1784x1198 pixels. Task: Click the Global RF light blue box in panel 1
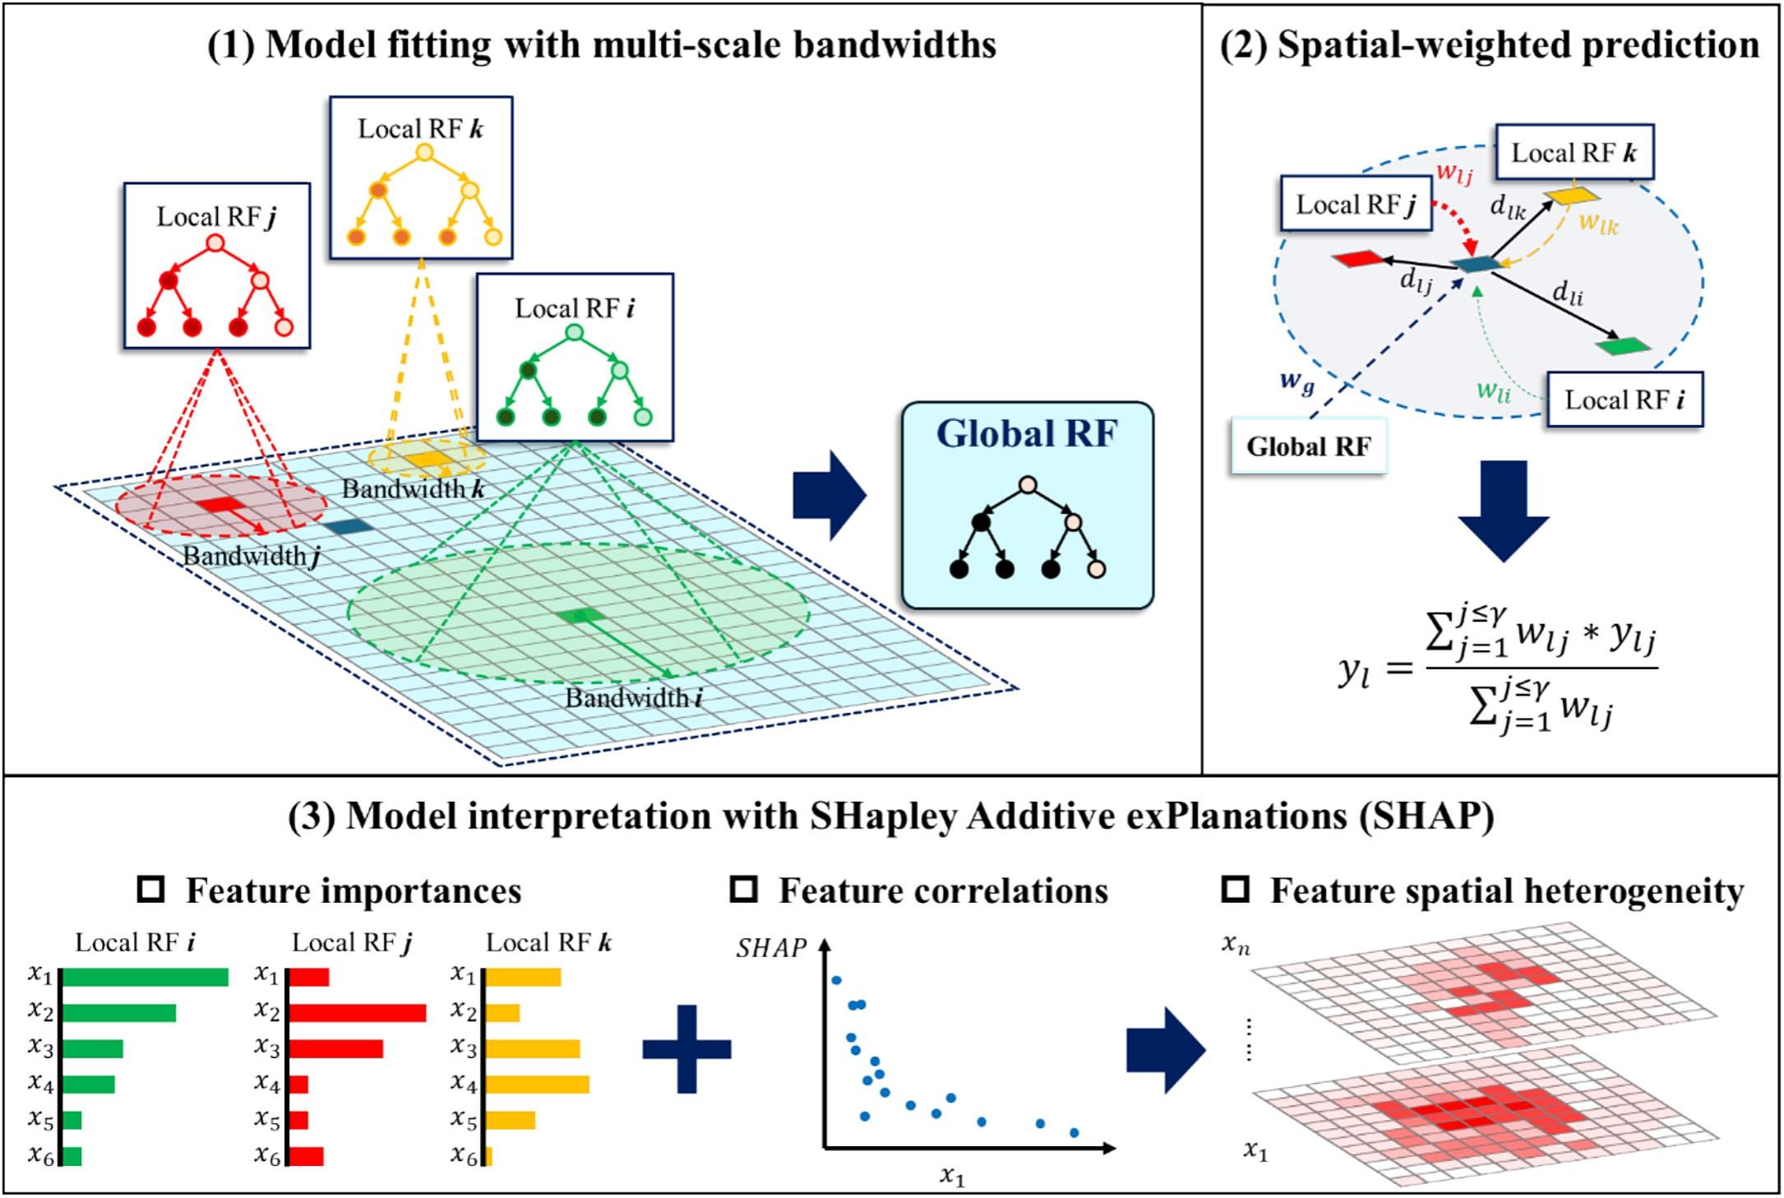pyautogui.click(x=1027, y=506)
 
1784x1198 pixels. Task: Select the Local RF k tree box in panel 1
pyautogui.click(x=421, y=178)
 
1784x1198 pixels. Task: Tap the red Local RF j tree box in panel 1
pyautogui.click(x=216, y=265)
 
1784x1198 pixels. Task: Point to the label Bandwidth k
pyautogui.click(x=413, y=489)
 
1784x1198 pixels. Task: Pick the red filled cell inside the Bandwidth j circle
pyautogui.click(x=215, y=505)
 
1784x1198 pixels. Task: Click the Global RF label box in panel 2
pyautogui.click(x=1308, y=446)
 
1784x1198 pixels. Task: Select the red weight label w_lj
pyautogui.click(x=1454, y=173)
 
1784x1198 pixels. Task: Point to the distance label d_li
pyautogui.click(x=1567, y=293)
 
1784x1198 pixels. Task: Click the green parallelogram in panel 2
pyautogui.click(x=1624, y=346)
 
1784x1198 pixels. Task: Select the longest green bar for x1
pyautogui.click(x=146, y=977)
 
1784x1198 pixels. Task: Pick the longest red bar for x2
pyautogui.click(x=357, y=1013)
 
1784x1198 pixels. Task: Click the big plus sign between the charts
pyautogui.click(x=686, y=1049)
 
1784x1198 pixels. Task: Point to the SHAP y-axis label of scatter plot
pyautogui.click(x=770, y=948)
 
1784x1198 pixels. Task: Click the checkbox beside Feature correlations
pyautogui.click(x=743, y=889)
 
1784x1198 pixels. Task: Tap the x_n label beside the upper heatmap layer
pyautogui.click(x=1236, y=946)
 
